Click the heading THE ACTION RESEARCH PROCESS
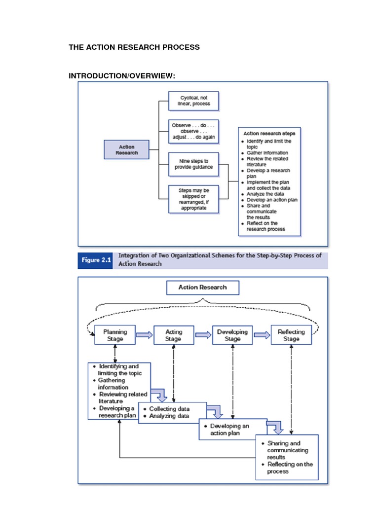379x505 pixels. pyautogui.click(x=134, y=47)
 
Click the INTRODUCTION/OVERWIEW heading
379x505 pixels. pyautogui.click(x=122, y=75)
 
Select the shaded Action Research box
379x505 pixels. pyautogui.click(x=126, y=150)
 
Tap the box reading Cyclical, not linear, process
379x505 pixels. pyautogui.click(x=193, y=101)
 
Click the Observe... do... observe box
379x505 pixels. pyautogui.click(x=193, y=132)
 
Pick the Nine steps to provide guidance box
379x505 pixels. pyautogui.click(x=193, y=164)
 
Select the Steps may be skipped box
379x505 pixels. pyautogui.click(x=193, y=199)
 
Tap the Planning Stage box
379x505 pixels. pyautogui.click(x=115, y=336)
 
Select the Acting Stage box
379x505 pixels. pyautogui.click(x=174, y=336)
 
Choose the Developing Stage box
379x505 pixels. pyautogui.click(x=232, y=336)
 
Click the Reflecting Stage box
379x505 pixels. pyautogui.click(x=291, y=336)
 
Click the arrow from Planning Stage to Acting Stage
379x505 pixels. pyautogui.click(x=144, y=335)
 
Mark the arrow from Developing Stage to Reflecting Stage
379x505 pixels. pyautogui.click(x=262, y=335)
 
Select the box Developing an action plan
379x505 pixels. pyautogui.click(x=232, y=429)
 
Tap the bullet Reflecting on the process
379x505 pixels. pyautogui.click(x=290, y=468)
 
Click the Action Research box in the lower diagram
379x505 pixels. pyautogui.click(x=203, y=288)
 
